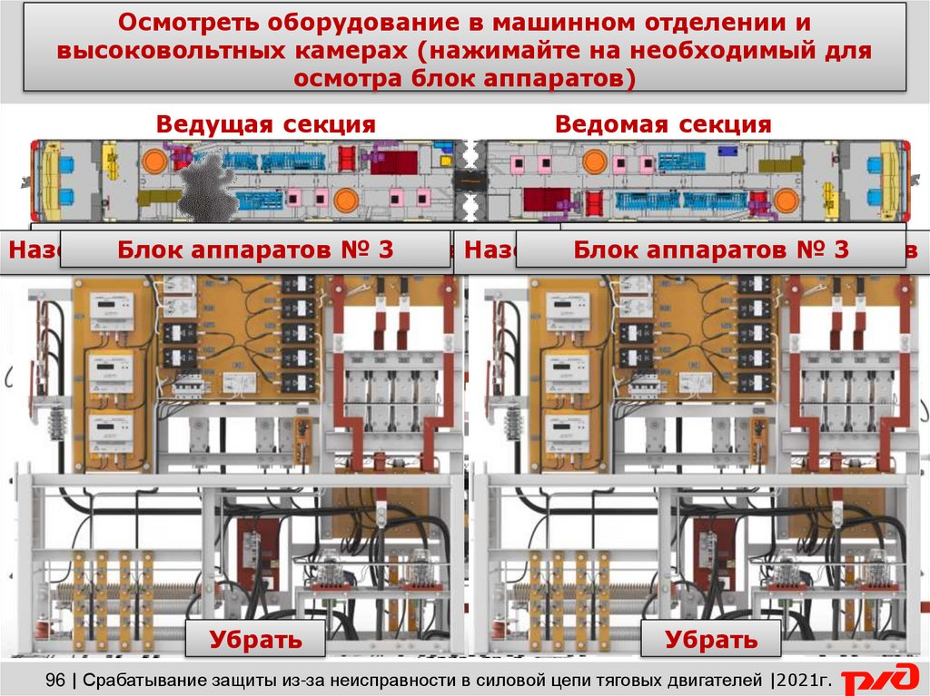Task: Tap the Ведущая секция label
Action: tap(265, 124)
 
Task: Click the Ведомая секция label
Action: tap(663, 124)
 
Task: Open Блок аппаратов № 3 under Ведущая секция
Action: tap(255, 250)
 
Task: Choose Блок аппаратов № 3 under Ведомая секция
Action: tap(711, 250)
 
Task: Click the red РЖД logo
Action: tap(878, 680)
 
